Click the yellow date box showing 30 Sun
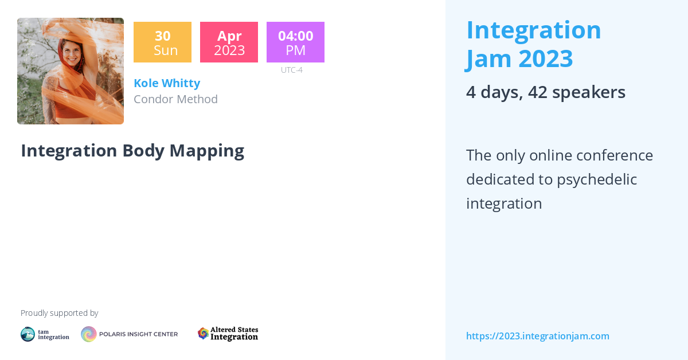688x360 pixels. click(x=162, y=42)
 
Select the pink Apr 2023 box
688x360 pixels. click(x=229, y=42)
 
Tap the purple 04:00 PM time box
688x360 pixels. click(x=295, y=42)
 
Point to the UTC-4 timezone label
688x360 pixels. click(x=291, y=70)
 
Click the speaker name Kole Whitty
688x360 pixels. click(x=167, y=83)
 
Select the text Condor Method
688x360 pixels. click(x=175, y=99)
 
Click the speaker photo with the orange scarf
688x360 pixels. click(x=71, y=71)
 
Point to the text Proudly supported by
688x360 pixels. click(x=59, y=313)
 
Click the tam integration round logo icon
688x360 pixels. click(x=28, y=334)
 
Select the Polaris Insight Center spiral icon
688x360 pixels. click(x=89, y=334)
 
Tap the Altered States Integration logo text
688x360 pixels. click(x=234, y=334)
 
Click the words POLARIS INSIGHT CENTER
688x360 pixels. click(x=139, y=334)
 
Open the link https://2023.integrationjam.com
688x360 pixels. click(x=537, y=336)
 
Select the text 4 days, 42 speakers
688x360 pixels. click(x=545, y=92)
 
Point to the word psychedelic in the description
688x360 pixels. click(x=597, y=179)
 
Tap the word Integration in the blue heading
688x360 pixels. click(x=533, y=30)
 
